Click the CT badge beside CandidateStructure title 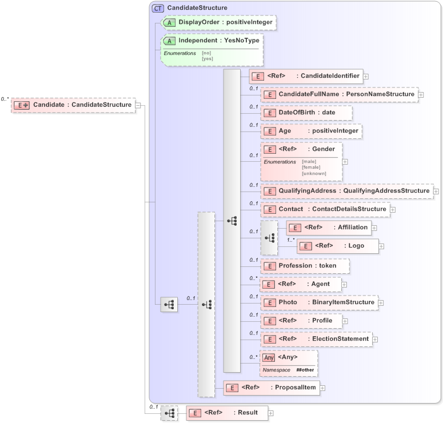click(x=158, y=8)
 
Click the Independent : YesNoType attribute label click(x=219, y=41)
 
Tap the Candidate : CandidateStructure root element click(x=73, y=105)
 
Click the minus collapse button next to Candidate click(x=138, y=105)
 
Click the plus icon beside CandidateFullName click(x=421, y=94)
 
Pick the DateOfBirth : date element click(x=306, y=113)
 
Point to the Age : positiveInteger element click(x=311, y=131)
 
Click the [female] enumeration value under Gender click(x=311, y=167)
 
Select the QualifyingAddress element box click(x=346, y=191)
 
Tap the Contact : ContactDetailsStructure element click(x=325, y=209)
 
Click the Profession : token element click(x=305, y=266)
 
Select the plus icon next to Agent click(x=344, y=284)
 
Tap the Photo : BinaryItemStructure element click(x=319, y=302)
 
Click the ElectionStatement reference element click(x=316, y=339)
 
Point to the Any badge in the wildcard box click(x=269, y=357)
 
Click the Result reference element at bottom click(x=226, y=413)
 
